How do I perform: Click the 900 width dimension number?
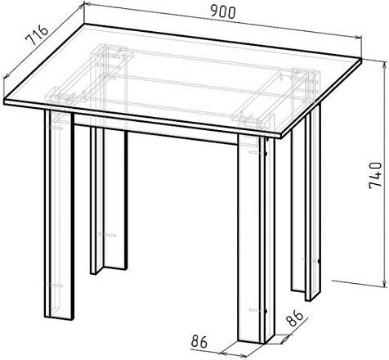pyautogui.click(x=223, y=12)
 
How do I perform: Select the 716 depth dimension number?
pyautogui.click(x=37, y=35)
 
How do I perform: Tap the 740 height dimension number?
pyautogui.click(x=375, y=175)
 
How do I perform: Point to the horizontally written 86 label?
pyautogui.click(x=199, y=341)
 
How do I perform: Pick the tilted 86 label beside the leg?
pyautogui.click(x=294, y=317)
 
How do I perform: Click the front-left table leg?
pyautogui.click(x=59, y=214)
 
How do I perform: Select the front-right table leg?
pyautogui.click(x=256, y=239)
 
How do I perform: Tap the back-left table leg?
pyautogui.click(x=109, y=200)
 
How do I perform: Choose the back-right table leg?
pyautogui.click(x=306, y=202)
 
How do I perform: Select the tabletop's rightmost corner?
pyautogui.click(x=362, y=61)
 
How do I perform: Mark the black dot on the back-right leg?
pyautogui.click(x=319, y=261)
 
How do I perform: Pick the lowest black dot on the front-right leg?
pyautogui.click(x=265, y=311)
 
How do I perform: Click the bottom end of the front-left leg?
pyautogui.click(x=59, y=317)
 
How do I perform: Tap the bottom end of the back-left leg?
pyautogui.click(x=109, y=271)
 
